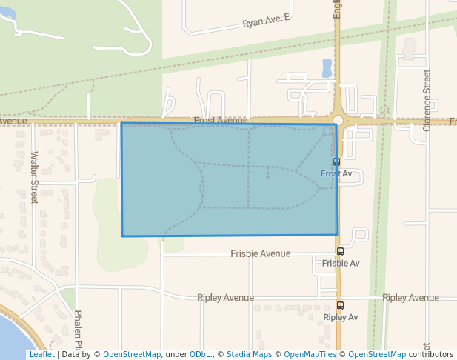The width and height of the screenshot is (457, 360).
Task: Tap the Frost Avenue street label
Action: [x=221, y=120]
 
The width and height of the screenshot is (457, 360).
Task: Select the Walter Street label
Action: [x=34, y=177]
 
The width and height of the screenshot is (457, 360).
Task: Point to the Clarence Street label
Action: [x=427, y=100]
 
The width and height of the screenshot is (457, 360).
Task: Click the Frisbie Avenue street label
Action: [x=260, y=253]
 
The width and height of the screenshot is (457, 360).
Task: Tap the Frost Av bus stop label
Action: [x=336, y=173]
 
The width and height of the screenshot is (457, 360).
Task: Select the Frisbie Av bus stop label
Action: [x=341, y=263]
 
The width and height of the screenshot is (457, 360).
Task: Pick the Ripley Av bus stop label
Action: [x=341, y=317]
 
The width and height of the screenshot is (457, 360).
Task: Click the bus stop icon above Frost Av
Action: [x=336, y=161]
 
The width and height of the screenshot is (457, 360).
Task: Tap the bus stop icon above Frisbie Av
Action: [x=340, y=252]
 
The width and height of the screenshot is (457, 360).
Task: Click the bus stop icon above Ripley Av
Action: [x=340, y=305]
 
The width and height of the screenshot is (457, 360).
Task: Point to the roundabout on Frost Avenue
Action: [x=338, y=120]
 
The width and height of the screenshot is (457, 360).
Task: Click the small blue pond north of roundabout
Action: [x=327, y=68]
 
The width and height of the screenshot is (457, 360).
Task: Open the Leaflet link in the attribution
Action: [x=41, y=354]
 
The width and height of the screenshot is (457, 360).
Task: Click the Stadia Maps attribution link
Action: [x=249, y=354]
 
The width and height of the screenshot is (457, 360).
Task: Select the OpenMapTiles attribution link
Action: [x=308, y=354]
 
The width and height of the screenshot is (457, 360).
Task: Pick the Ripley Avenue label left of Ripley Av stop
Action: [x=225, y=298]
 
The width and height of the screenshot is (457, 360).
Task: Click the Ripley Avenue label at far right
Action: [x=410, y=298]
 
